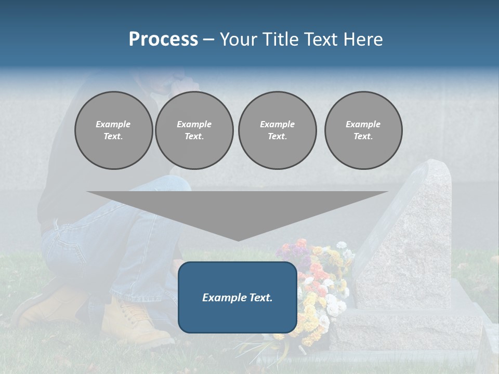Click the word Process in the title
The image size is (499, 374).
[x=163, y=39]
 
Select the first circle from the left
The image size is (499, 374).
[x=113, y=130]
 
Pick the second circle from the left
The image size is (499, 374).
[x=194, y=130]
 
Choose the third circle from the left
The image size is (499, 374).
[x=277, y=130]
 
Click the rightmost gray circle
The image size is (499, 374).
[x=363, y=130]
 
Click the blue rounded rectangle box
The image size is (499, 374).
[x=238, y=297]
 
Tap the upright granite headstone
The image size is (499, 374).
[x=416, y=234]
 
